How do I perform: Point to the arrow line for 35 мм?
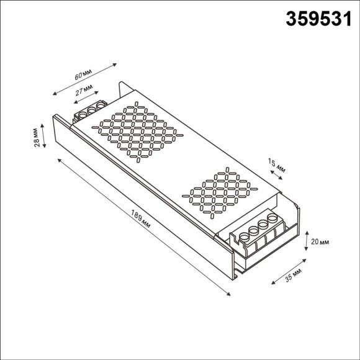[287, 268]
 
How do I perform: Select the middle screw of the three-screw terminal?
[91, 110]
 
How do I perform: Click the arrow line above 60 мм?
[85, 78]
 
